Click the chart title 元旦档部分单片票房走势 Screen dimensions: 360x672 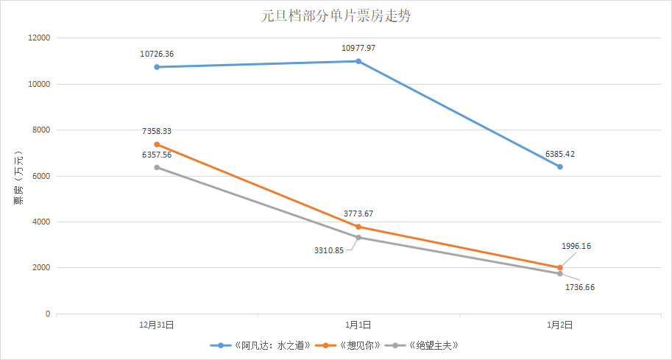336,16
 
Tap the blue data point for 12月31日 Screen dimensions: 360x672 157,67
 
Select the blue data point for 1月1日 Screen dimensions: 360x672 358,61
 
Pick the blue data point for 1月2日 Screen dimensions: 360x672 560,167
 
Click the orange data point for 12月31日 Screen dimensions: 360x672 157,144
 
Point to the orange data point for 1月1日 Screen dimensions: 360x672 358,227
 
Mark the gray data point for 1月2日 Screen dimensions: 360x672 560,274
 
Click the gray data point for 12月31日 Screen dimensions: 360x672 157,167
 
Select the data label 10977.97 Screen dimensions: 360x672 358,48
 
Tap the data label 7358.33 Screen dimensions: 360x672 157,131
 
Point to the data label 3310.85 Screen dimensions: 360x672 329,250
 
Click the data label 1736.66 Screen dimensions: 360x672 579,287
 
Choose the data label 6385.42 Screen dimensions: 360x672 560,154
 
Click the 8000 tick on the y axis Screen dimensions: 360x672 41,130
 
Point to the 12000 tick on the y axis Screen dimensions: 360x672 39,38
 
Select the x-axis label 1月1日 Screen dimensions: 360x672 358,324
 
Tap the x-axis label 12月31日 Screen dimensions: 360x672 157,324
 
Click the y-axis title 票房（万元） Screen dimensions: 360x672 18,175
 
